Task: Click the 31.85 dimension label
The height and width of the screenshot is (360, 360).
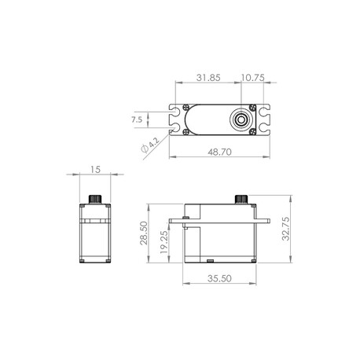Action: pyautogui.click(x=208, y=78)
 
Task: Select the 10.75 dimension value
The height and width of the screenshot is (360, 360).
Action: pyautogui.click(x=252, y=78)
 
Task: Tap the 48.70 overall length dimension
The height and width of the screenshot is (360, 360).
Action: pyautogui.click(x=219, y=152)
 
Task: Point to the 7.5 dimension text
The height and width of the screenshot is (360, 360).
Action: pyautogui.click(x=137, y=119)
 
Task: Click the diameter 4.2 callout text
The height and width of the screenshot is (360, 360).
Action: pyautogui.click(x=150, y=145)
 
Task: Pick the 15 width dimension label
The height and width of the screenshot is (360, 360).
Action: pyautogui.click(x=95, y=170)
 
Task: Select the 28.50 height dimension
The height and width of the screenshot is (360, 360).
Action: pyautogui.click(x=144, y=233)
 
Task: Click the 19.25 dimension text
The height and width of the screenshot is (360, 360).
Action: pyautogui.click(x=164, y=242)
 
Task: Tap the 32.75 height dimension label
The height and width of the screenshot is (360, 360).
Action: pyautogui.click(x=285, y=229)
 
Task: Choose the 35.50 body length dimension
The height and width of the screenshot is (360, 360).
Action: pyautogui.click(x=219, y=278)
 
